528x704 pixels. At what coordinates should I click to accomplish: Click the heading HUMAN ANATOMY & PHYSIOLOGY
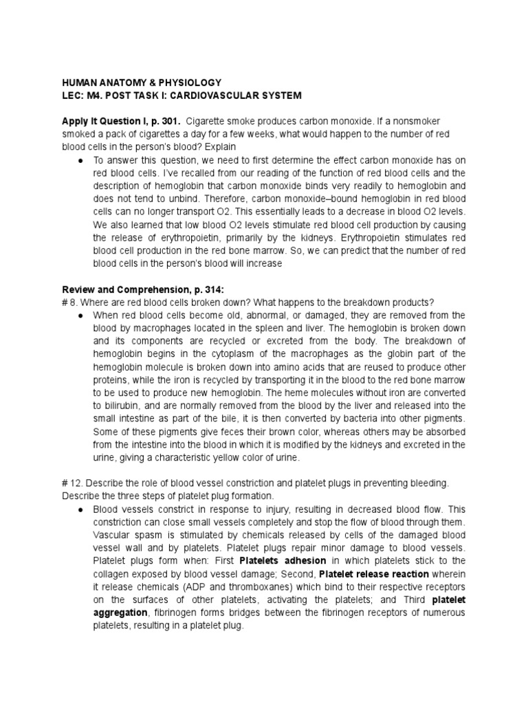[x=142, y=81]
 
